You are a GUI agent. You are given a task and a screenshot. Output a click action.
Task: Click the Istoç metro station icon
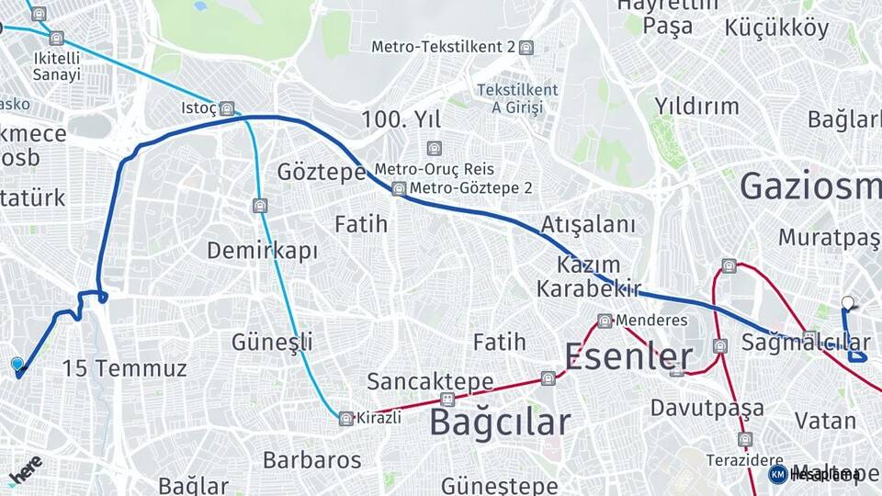[x=227, y=107]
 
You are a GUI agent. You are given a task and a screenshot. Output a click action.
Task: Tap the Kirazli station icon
[x=346, y=418]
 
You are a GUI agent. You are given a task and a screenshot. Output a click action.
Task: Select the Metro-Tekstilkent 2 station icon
[x=526, y=48]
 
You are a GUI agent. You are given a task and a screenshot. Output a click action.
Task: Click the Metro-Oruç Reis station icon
[x=434, y=148]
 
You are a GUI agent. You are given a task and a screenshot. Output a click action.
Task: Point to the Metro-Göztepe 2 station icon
[x=399, y=188]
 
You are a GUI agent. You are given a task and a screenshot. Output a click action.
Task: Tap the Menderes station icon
[x=605, y=321]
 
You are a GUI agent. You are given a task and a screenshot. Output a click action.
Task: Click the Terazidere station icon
[x=745, y=439]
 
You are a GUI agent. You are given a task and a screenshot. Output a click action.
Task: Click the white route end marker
[x=847, y=302]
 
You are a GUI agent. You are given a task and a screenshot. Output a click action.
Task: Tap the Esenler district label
[x=628, y=355]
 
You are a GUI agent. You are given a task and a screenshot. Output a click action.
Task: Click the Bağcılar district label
[x=500, y=423]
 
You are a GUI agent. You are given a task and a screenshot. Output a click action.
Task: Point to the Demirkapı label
[x=262, y=251]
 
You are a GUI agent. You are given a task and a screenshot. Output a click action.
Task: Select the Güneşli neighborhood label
[x=272, y=343]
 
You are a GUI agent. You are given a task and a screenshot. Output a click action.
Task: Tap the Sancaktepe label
[x=430, y=381]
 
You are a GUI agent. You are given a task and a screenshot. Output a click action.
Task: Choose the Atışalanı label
[x=588, y=225]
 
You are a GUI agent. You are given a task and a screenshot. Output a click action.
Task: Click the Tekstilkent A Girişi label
[x=517, y=98]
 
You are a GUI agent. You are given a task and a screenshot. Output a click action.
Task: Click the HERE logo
[x=25, y=469]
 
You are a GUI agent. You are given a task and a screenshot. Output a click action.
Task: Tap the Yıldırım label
[x=696, y=106]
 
